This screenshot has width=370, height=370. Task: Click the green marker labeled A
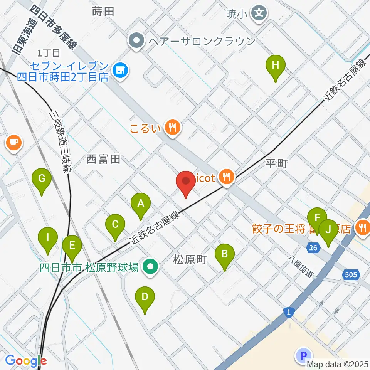(x=141, y=203)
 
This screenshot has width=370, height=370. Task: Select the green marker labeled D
(x=145, y=297)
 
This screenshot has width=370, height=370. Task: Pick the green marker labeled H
(x=275, y=65)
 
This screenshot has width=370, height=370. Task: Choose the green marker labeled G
(x=42, y=179)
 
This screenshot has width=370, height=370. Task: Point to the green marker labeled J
(x=328, y=230)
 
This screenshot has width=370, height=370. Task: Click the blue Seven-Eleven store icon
(x=120, y=70)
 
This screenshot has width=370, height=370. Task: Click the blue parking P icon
(x=303, y=355)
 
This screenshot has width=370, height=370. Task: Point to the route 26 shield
(x=314, y=248)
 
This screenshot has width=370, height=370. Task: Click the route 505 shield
(x=351, y=275)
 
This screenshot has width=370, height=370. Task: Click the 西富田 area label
(x=103, y=159)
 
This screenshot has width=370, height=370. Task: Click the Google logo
(x=25, y=361)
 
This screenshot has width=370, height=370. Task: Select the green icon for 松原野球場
(x=150, y=266)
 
